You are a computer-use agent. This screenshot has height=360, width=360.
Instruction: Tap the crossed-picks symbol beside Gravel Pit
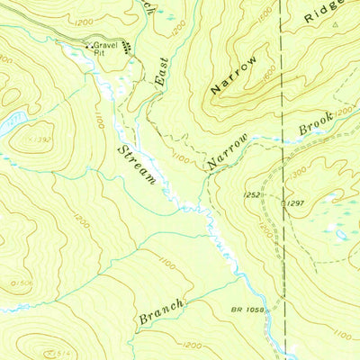[x=87, y=44]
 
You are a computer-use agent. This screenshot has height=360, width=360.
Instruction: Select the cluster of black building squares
[x=127, y=47]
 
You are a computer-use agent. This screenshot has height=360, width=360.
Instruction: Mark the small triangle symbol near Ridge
[x=335, y=26]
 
